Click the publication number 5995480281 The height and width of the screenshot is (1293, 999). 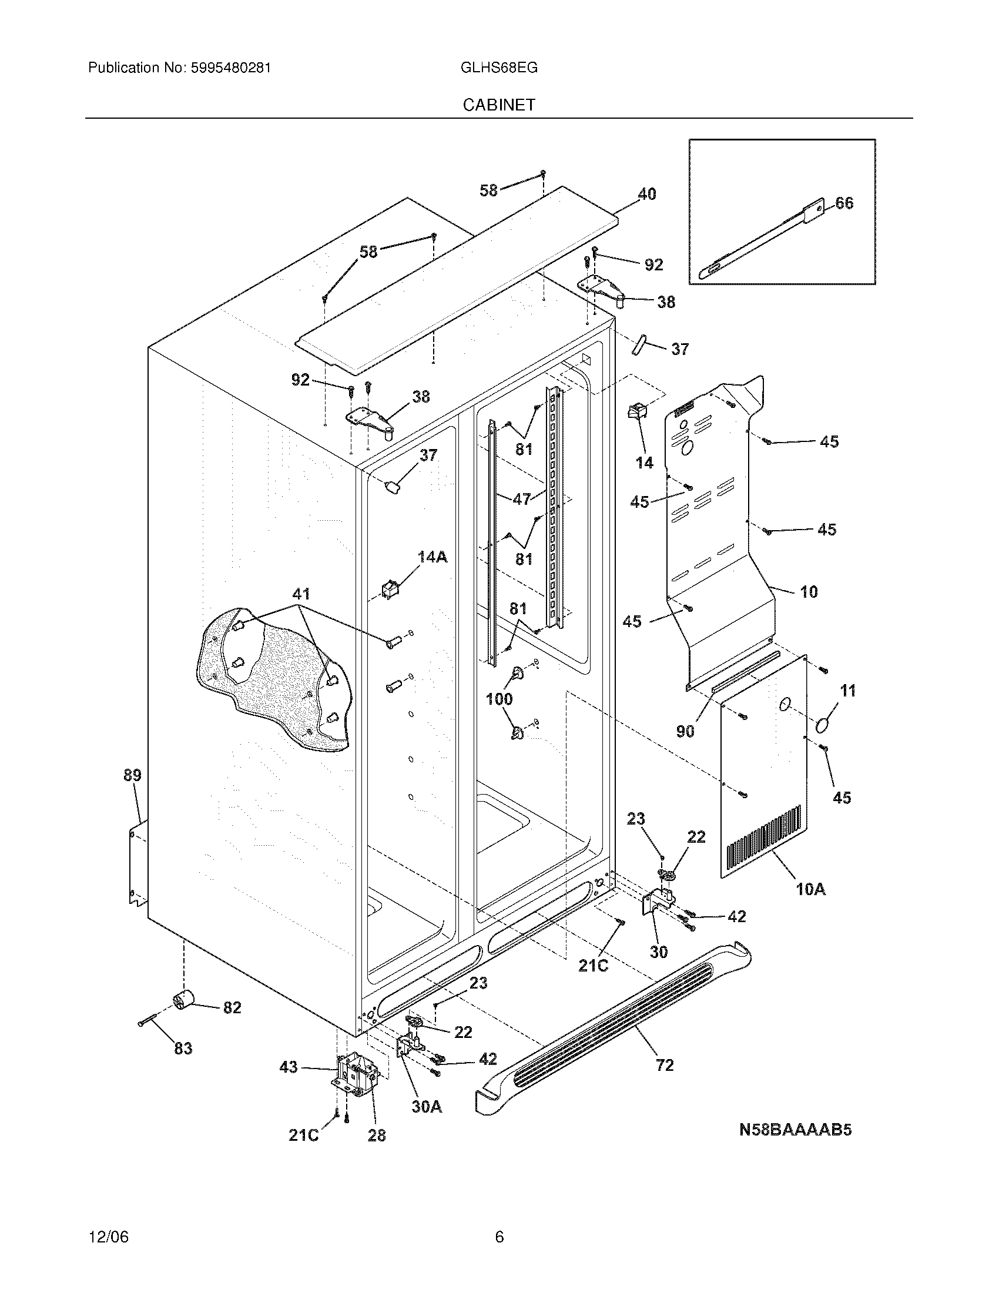230,68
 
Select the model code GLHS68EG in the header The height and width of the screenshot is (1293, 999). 498,68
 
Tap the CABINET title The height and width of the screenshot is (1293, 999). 499,105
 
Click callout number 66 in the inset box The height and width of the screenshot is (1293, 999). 844,203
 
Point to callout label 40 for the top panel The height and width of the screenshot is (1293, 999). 647,194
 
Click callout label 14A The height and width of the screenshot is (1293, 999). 432,557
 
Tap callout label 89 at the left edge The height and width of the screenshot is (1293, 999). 132,775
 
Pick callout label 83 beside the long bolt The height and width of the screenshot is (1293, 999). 183,1049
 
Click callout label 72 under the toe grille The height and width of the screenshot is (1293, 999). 665,1065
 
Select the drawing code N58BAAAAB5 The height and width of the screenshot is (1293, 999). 796,1130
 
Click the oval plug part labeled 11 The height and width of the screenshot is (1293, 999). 822,726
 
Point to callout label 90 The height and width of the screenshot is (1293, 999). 685,732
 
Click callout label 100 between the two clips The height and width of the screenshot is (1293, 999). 499,699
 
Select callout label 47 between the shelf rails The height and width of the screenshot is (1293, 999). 521,499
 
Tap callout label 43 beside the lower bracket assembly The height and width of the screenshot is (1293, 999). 288,1067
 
